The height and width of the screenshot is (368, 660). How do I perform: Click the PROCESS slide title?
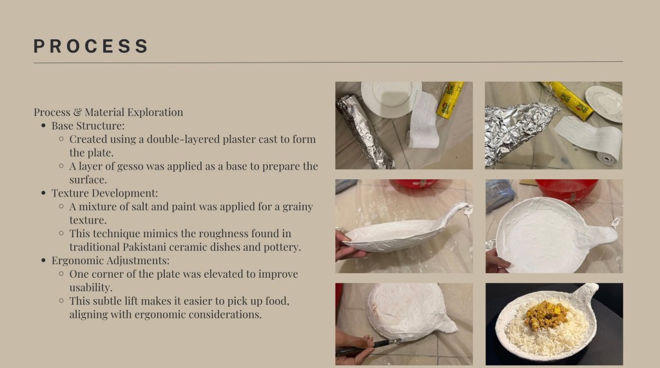click(91, 46)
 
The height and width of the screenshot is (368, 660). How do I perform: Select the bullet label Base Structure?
click(88, 126)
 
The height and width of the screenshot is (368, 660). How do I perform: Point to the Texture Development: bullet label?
click(105, 193)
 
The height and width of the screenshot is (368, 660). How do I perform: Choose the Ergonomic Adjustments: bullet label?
click(110, 260)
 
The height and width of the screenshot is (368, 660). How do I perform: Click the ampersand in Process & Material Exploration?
click(77, 112)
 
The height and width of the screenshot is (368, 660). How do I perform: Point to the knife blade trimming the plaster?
click(386, 343)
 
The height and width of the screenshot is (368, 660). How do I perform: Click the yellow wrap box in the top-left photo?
click(450, 99)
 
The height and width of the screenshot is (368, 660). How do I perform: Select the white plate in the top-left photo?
click(391, 99)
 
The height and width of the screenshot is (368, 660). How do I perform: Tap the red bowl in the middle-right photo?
click(567, 190)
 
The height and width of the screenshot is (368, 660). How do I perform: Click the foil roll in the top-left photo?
click(364, 131)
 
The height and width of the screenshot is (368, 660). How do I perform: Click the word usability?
click(91, 287)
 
